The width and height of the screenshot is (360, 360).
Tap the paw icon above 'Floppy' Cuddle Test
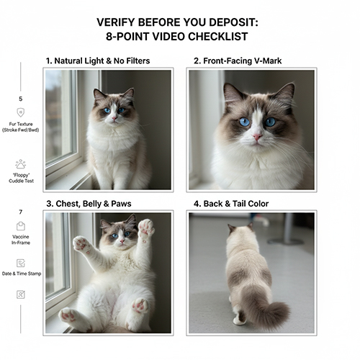20,163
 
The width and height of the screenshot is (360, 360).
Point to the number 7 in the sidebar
20,212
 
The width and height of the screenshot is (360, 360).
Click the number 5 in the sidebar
20,99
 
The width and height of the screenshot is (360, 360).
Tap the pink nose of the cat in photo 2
257,136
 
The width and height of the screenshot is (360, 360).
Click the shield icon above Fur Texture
20,112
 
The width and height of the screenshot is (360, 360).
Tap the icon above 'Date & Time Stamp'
20,263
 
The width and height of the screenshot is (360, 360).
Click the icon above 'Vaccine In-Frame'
20,227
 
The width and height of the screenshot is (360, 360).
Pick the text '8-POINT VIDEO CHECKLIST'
179,37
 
